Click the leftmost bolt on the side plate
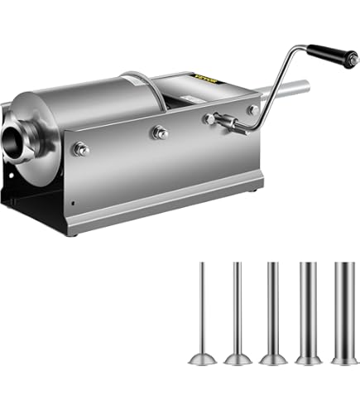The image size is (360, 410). pos(82,149)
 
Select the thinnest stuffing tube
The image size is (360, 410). pos(201,311)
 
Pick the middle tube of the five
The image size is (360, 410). pos(272,308)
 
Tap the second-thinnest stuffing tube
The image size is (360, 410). pos(237,309)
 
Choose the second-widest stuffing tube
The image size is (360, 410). pos(307,307)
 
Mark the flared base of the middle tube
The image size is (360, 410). pos(272,359)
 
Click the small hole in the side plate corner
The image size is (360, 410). pos(74,201)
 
